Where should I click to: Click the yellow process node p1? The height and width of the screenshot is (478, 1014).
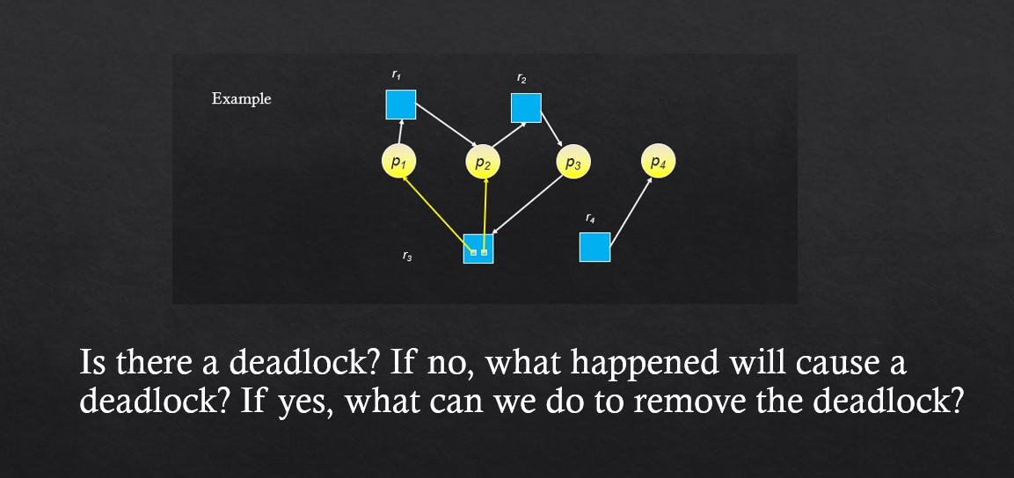pyautogui.click(x=398, y=163)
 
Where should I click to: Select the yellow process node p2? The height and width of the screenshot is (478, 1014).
pyautogui.click(x=483, y=163)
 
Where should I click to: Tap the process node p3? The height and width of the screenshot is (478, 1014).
pyautogui.click(x=573, y=163)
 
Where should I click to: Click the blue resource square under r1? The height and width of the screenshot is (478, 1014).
pyautogui.click(x=401, y=105)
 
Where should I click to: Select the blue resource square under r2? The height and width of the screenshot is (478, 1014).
pyautogui.click(x=526, y=107)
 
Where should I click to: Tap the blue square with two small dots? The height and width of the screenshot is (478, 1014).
pyautogui.click(x=478, y=249)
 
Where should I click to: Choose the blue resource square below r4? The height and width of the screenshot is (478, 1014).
pyautogui.click(x=595, y=247)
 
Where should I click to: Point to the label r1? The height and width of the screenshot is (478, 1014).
pyautogui.click(x=397, y=76)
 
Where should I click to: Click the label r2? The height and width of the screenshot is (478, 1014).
pyautogui.click(x=522, y=79)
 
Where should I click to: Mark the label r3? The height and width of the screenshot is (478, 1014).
pyautogui.click(x=406, y=257)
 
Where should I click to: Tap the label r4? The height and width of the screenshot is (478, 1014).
pyautogui.click(x=590, y=217)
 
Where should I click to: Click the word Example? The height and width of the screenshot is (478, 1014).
pyautogui.click(x=241, y=98)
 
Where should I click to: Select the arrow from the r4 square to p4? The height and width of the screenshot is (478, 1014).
pyautogui.click(x=631, y=211)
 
